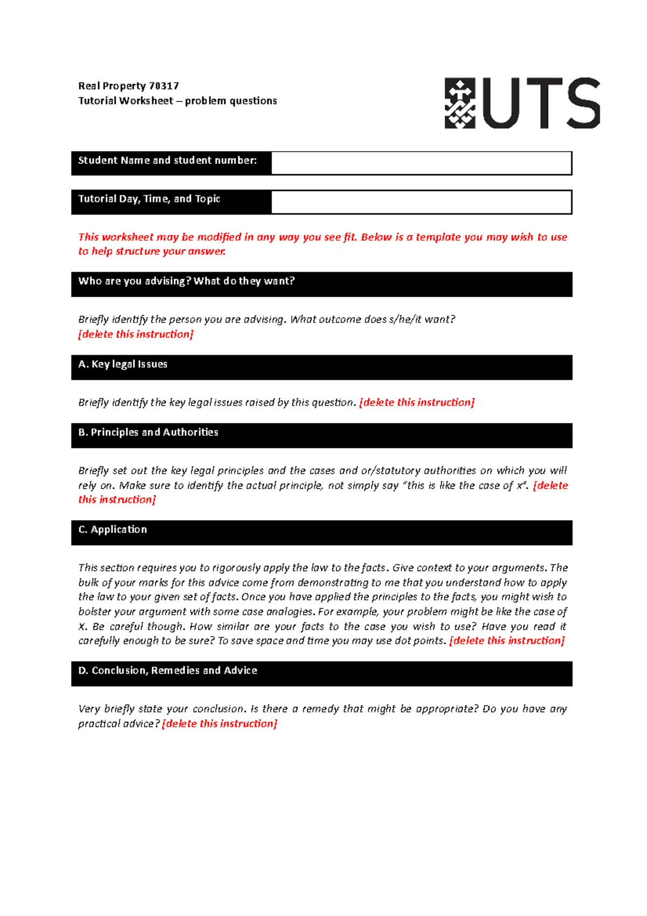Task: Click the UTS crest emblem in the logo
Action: (x=459, y=103)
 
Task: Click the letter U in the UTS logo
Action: (x=500, y=103)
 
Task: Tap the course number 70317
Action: (x=164, y=86)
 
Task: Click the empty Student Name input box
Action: (x=421, y=163)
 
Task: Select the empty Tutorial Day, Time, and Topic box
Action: (x=421, y=202)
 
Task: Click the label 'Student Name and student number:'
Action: (x=167, y=160)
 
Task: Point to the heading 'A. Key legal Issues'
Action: (x=123, y=364)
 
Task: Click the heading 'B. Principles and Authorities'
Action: (x=148, y=432)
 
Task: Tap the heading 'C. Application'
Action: (x=113, y=529)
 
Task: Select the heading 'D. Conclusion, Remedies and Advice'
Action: (x=168, y=671)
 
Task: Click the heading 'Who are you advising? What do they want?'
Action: (x=186, y=281)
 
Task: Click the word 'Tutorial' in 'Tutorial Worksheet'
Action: (x=97, y=101)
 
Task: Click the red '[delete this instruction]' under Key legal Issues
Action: (x=417, y=402)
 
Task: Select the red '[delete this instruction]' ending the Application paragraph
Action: (x=507, y=641)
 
